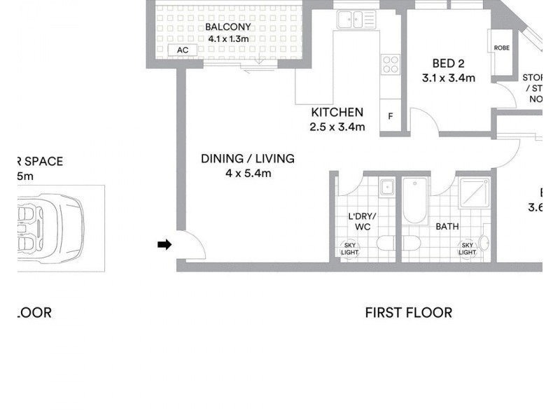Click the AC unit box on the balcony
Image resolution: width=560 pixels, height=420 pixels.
point(183,50)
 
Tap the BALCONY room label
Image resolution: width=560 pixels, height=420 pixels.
point(227,27)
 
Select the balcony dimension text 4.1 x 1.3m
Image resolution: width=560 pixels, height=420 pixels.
point(227,38)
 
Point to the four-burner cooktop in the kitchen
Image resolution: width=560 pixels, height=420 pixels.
point(389,65)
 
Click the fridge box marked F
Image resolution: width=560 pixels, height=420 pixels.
point(390,116)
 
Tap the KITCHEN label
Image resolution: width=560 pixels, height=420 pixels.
point(337,112)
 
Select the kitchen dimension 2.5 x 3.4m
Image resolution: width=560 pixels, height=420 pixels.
point(337,127)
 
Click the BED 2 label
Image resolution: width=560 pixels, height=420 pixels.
point(449,63)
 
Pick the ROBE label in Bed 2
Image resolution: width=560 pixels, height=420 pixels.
point(502,48)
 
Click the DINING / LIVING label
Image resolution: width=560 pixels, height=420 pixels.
point(248,159)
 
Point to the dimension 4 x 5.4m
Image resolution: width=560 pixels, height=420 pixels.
point(248,174)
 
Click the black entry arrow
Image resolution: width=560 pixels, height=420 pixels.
point(164,244)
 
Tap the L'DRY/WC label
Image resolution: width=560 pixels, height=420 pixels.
point(363,222)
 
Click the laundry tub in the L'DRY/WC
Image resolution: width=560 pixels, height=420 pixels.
point(386,188)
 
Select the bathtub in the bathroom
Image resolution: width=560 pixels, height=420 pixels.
point(414,202)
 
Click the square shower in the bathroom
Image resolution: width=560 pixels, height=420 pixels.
point(476,192)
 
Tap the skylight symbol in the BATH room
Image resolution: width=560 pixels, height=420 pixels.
point(467,248)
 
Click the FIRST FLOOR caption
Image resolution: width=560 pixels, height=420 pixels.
point(408,312)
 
